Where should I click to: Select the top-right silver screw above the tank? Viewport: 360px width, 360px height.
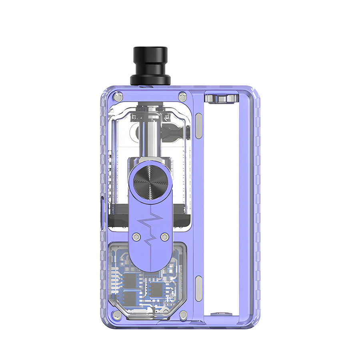pos(182,96)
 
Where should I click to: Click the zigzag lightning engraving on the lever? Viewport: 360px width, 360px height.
pos(150,226)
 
